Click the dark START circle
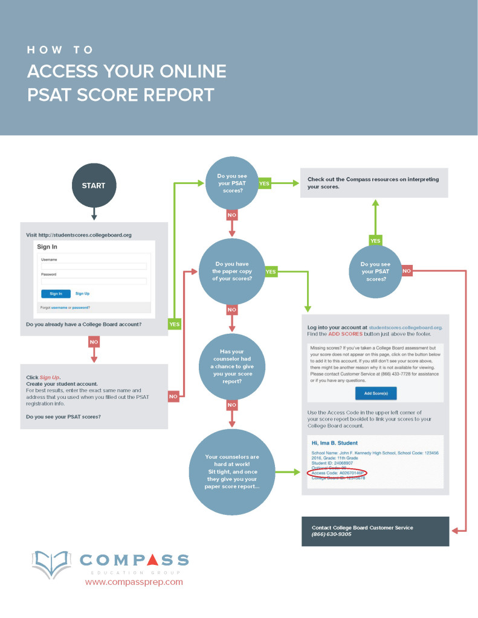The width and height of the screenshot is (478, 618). pyautogui.click(x=94, y=186)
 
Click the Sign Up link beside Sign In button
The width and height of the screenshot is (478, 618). pyautogui.click(x=82, y=293)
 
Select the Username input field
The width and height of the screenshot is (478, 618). pyautogui.click(x=94, y=266)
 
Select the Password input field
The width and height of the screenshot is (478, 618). pyautogui.click(x=94, y=281)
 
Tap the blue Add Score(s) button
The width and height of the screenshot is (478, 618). pyautogui.click(x=375, y=393)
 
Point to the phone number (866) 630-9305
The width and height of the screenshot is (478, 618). pyautogui.click(x=332, y=535)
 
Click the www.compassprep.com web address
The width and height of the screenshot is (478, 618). pyautogui.click(x=134, y=582)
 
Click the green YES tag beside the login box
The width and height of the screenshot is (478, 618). pyautogui.click(x=175, y=324)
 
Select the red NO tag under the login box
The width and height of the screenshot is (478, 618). pyautogui.click(x=94, y=342)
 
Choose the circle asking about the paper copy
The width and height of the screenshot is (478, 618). pyautogui.click(x=232, y=272)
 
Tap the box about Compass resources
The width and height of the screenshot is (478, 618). pyautogui.click(x=374, y=183)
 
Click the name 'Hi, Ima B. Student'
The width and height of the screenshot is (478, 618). pyautogui.click(x=334, y=444)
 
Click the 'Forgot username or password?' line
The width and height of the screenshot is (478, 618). pyautogui.click(x=65, y=307)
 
